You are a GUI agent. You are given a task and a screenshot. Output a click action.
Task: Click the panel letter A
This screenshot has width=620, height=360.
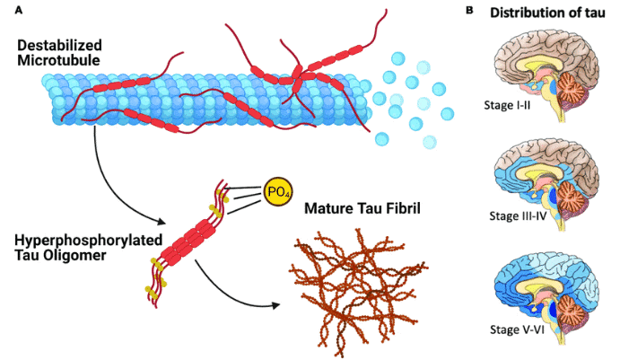[7, 8]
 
